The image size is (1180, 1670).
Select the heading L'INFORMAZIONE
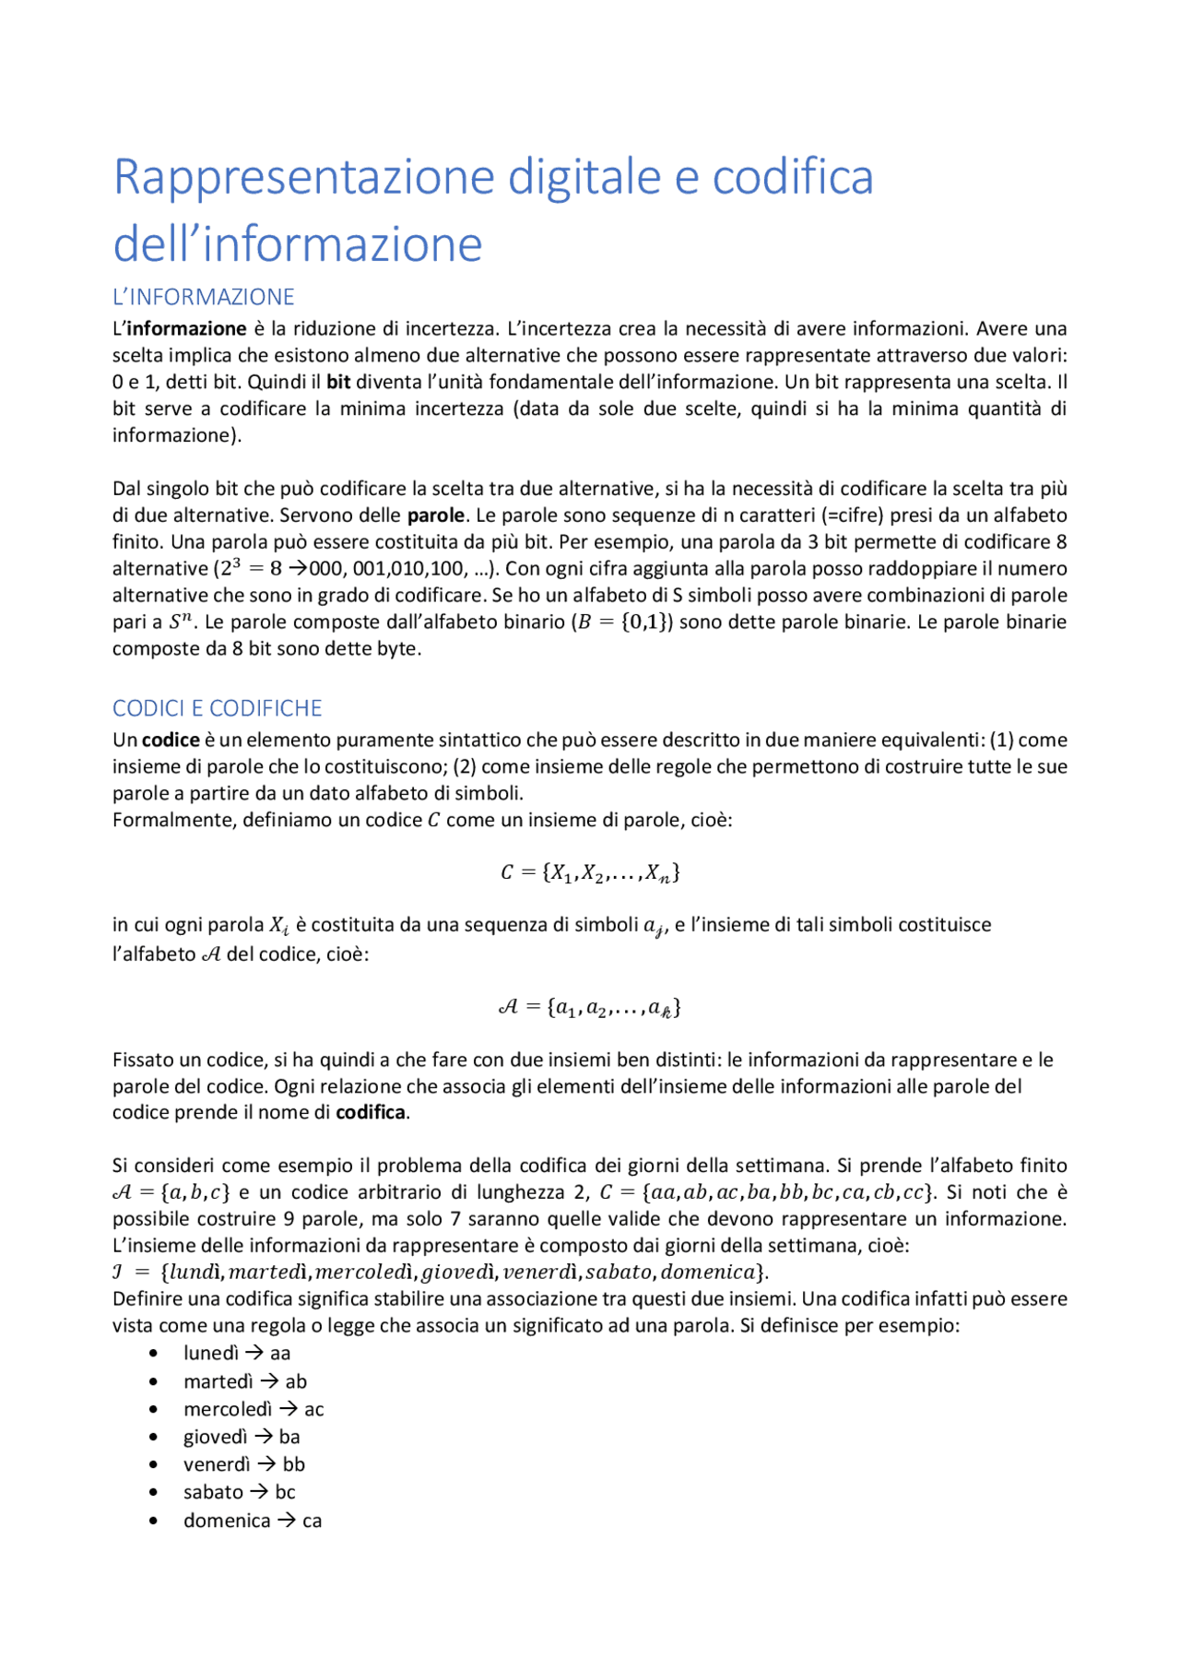click(x=203, y=297)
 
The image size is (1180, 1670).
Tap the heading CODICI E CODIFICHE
click(x=217, y=708)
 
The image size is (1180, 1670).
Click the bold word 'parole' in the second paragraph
click(x=435, y=515)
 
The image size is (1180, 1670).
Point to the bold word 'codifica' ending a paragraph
click(x=370, y=1113)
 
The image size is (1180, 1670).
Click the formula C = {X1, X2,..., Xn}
click(x=590, y=872)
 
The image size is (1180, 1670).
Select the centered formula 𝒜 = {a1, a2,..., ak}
click(x=590, y=1007)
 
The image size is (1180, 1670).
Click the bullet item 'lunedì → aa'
click(x=237, y=1354)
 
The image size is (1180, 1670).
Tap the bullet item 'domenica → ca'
click(x=252, y=1521)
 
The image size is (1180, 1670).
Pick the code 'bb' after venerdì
click(x=294, y=1464)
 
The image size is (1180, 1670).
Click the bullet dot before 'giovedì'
click(x=153, y=1438)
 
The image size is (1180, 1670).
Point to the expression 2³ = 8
click(x=251, y=569)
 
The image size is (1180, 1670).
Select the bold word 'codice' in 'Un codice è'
click(x=171, y=740)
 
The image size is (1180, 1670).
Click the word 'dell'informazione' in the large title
click(x=298, y=244)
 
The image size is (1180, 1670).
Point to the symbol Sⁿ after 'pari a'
click(x=181, y=622)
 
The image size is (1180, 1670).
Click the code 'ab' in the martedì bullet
click(x=296, y=1381)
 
